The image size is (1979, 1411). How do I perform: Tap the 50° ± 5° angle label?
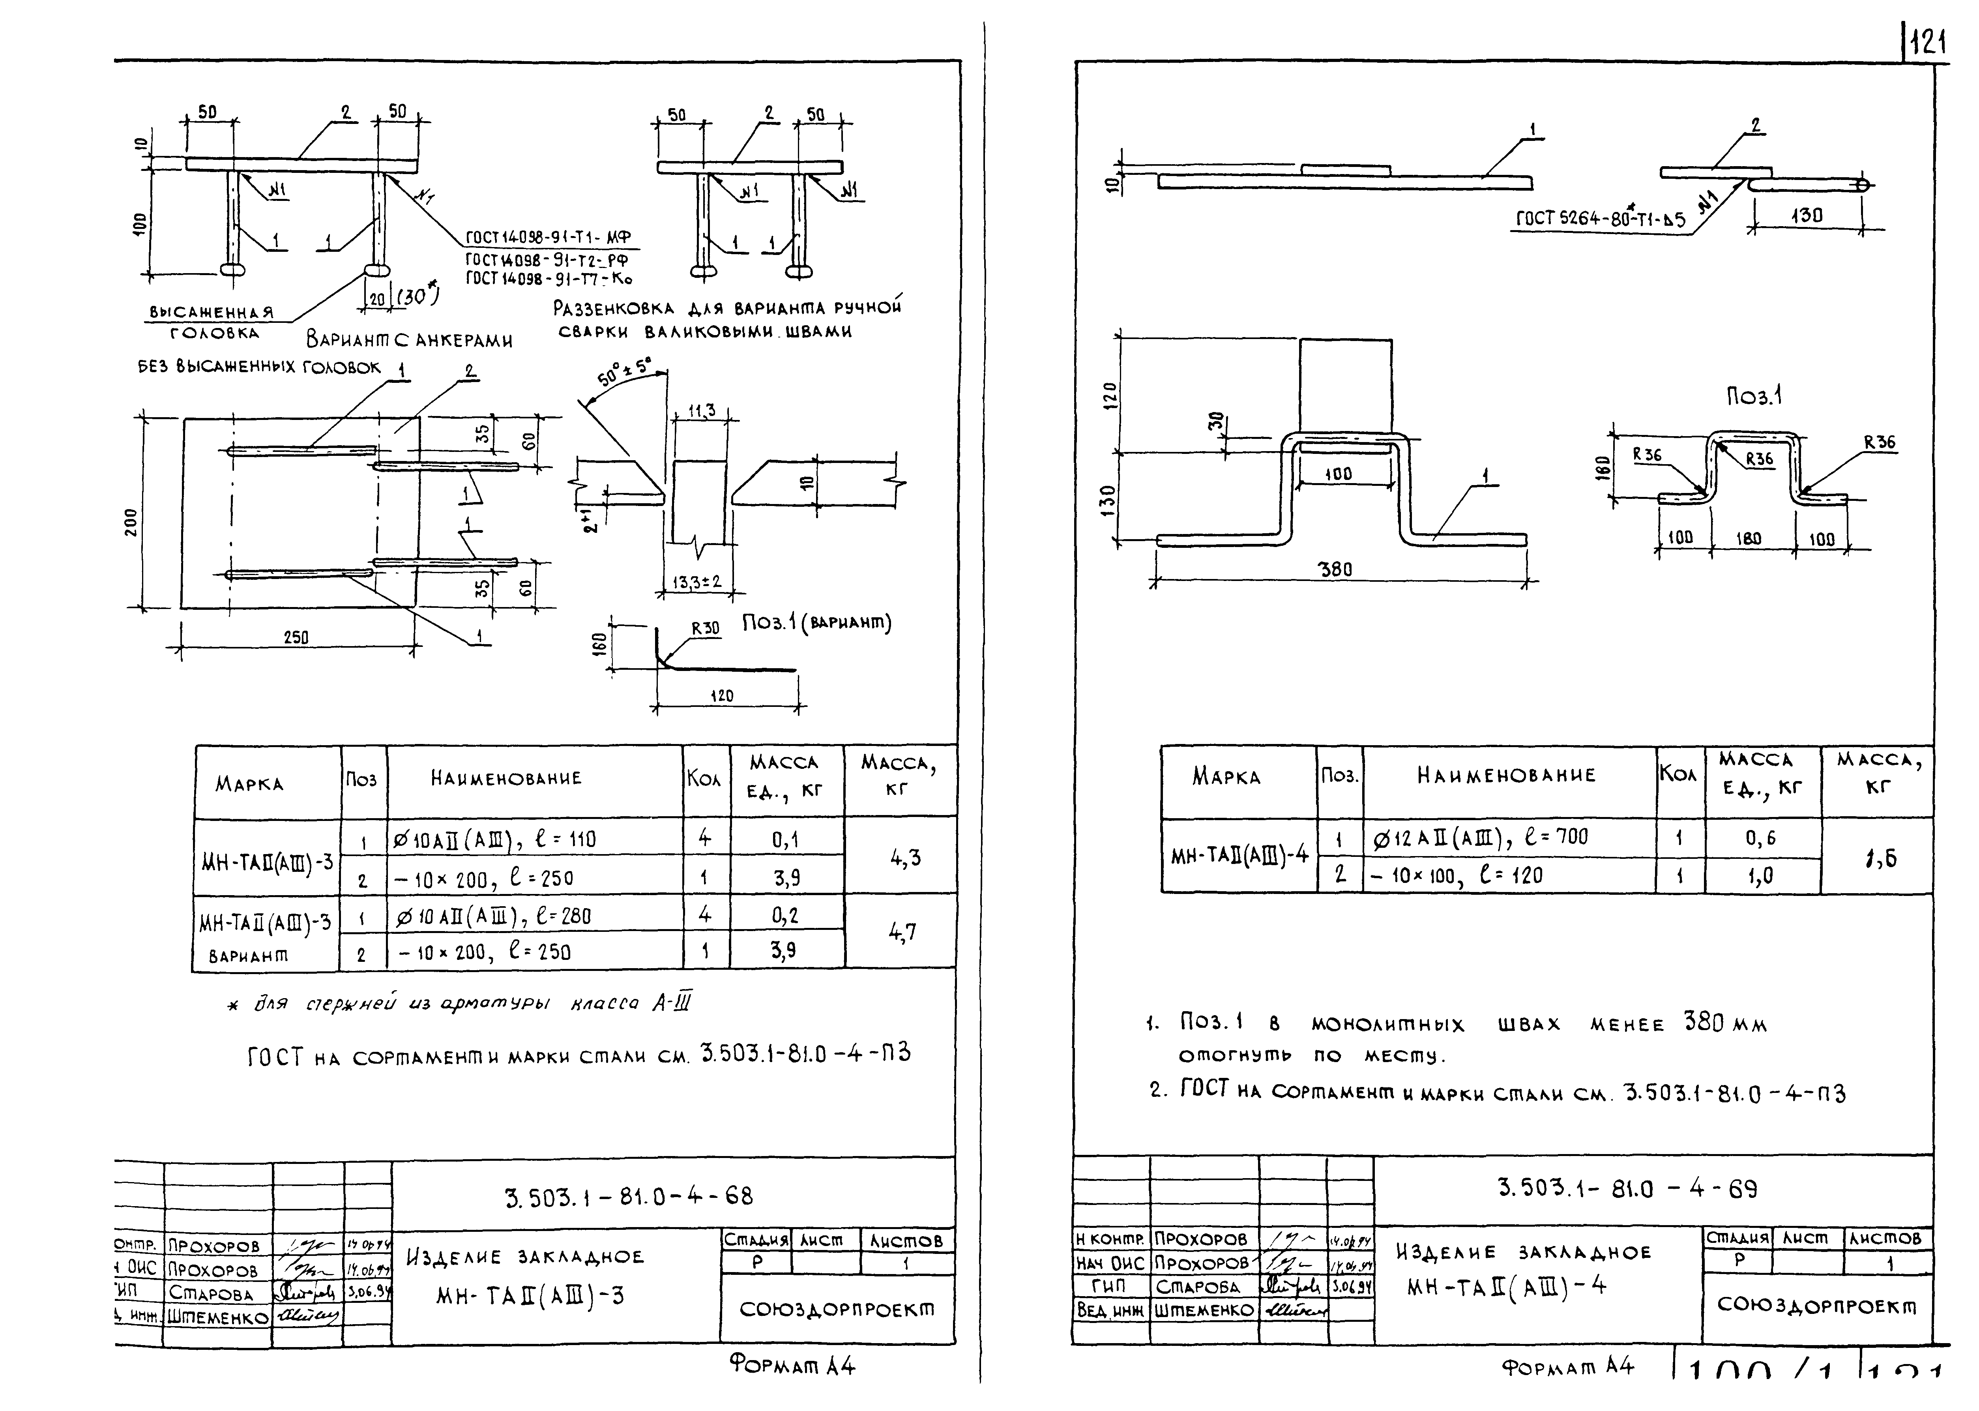(624, 374)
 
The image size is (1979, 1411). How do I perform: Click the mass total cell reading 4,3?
(904, 858)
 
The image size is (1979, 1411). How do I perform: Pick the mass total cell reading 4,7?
(902, 932)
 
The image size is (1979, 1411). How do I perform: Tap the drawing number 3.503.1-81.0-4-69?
(1627, 1188)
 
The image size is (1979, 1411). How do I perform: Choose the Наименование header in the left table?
(506, 778)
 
